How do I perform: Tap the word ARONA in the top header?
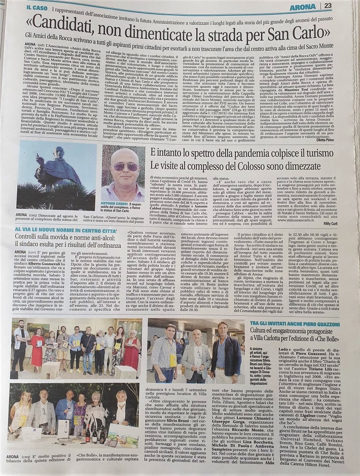pos(317,6)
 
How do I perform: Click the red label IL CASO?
pos(39,8)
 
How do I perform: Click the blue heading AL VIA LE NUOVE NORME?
pos(66,231)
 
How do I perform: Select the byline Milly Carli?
pos(343,223)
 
